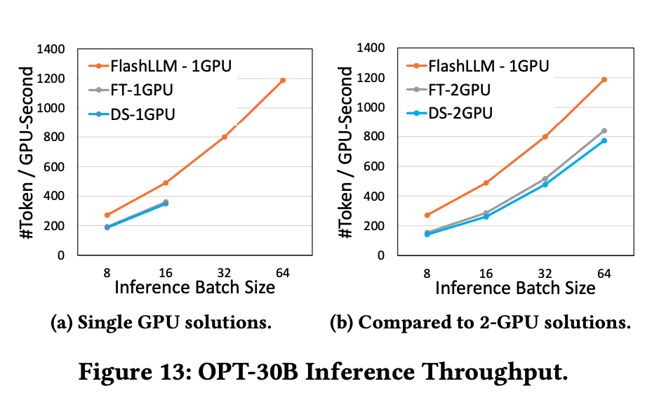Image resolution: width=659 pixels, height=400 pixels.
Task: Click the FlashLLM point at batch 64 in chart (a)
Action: [283, 80]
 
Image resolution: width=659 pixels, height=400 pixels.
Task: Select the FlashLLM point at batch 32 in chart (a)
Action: [225, 137]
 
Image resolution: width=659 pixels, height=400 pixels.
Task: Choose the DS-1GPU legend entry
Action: [142, 113]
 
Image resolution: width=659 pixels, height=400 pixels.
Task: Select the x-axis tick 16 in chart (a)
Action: [166, 270]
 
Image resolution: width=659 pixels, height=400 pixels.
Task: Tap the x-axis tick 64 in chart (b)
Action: [604, 270]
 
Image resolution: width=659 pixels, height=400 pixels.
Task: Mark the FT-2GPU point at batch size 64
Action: [604, 131]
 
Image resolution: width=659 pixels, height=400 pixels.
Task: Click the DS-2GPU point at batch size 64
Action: [604, 140]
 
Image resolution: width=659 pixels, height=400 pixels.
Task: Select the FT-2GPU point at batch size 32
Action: [545, 179]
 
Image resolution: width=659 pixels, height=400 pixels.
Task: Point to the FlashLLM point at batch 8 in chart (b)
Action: [427, 215]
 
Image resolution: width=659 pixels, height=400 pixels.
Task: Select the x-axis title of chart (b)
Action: [515, 288]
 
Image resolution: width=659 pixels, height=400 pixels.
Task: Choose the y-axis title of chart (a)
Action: [28, 152]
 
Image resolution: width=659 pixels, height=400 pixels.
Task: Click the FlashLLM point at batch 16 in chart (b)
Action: [486, 182]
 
